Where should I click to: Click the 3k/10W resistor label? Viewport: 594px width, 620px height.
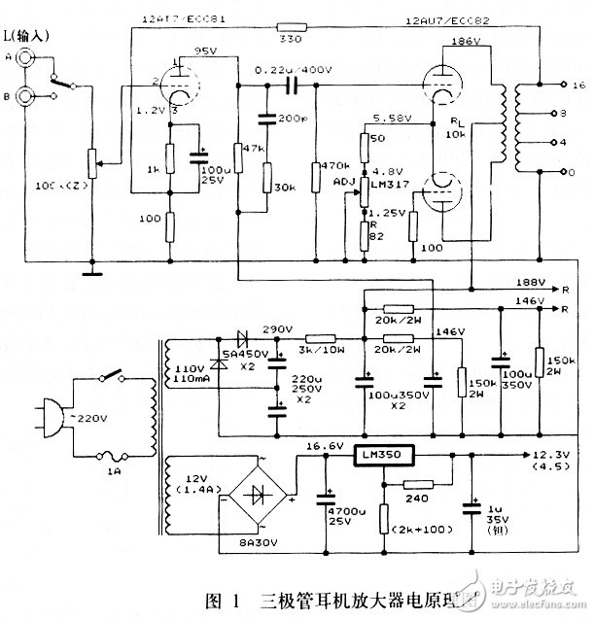317,348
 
